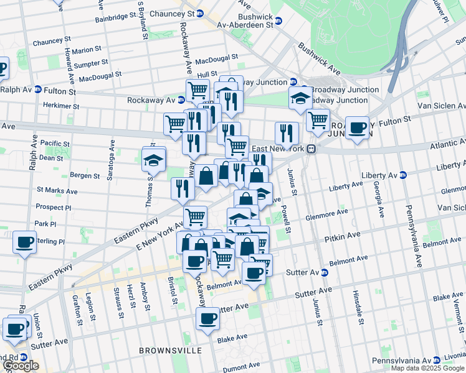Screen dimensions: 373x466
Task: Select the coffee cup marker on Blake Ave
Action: pyautogui.click(x=208, y=319)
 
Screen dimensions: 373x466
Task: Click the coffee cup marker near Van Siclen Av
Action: pyautogui.click(x=357, y=128)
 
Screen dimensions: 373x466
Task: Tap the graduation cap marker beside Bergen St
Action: pyautogui.click(x=153, y=160)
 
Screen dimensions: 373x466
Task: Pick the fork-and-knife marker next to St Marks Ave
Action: pyautogui.click(x=183, y=188)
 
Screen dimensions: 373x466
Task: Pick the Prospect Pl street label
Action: pyautogui.click(x=54, y=206)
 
